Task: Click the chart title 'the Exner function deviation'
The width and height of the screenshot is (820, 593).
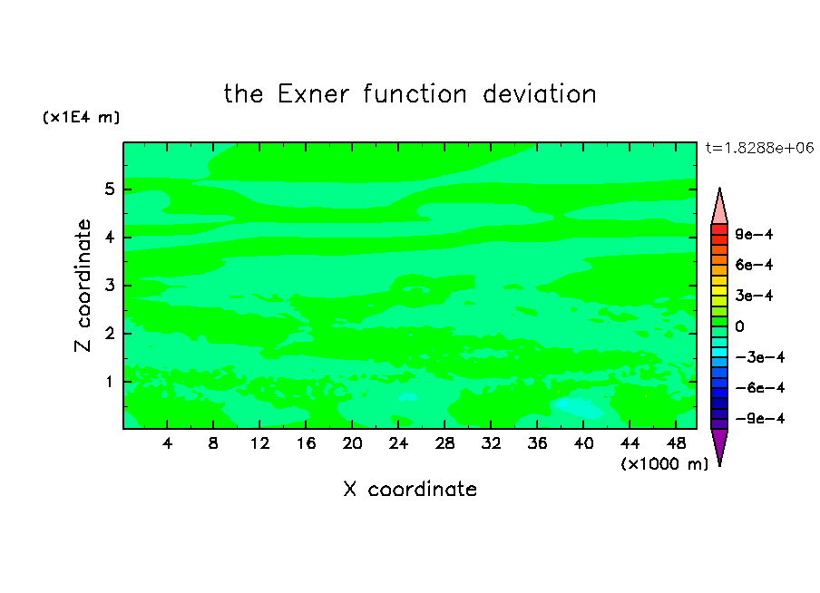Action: coord(410,94)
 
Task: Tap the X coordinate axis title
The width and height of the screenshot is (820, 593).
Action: coord(410,489)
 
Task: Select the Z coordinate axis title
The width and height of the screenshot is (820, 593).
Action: coord(83,286)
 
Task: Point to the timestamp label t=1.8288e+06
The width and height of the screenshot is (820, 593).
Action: coord(759,148)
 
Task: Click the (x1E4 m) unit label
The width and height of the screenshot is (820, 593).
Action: coord(81,117)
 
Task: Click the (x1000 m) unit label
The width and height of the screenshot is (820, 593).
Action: coord(664,464)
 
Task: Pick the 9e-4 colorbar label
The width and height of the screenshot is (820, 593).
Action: coord(754,234)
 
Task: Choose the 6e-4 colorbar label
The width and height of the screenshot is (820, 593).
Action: coord(754,265)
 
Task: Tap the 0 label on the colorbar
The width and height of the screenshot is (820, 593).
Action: coord(739,326)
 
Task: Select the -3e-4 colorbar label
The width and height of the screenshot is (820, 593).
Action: coord(760,357)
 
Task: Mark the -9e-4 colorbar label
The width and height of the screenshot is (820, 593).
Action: coord(760,419)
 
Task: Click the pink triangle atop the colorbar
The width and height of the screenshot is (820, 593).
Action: coord(719,207)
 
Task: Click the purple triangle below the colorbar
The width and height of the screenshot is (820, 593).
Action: coord(719,446)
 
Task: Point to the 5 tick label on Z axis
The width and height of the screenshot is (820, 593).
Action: coord(109,190)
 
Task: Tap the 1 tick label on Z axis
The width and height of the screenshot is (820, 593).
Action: coord(109,382)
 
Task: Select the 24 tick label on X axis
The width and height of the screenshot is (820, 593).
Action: coord(398,443)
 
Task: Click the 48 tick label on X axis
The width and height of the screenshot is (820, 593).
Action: coord(676,443)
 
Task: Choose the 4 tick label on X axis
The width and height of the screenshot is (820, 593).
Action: coord(167,443)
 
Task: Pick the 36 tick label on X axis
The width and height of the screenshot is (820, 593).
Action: coord(537,443)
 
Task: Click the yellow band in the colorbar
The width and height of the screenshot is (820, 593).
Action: coord(719,291)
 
